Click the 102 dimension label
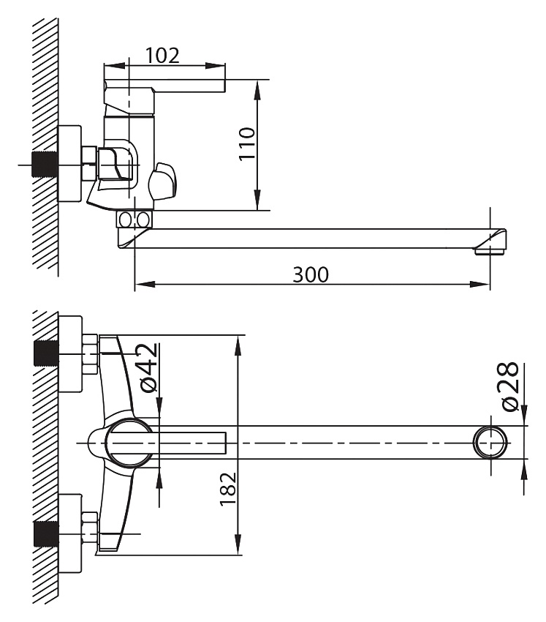click(x=162, y=55)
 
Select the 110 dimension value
click(x=247, y=143)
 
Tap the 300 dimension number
click(x=311, y=274)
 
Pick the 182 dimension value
click(x=228, y=489)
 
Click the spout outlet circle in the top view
click(x=490, y=442)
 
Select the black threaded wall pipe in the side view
click(x=45, y=164)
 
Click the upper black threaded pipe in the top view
click(x=46, y=353)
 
